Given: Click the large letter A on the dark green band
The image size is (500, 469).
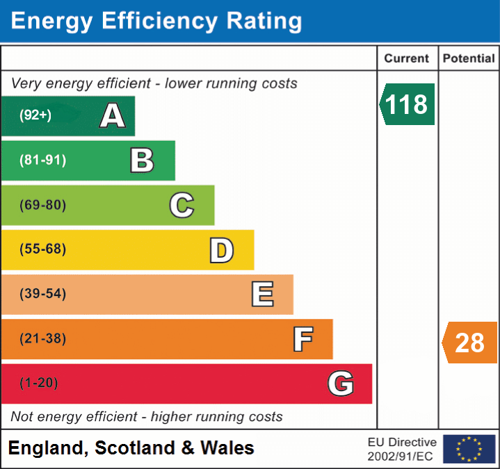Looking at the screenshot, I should click(x=113, y=116).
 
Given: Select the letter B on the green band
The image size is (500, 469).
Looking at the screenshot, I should click(x=142, y=161).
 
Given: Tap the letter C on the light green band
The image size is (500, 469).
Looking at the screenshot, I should click(x=182, y=205).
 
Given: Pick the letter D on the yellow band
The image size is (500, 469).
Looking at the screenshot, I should click(x=221, y=250).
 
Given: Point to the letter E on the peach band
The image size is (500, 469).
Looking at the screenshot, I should click(x=262, y=295).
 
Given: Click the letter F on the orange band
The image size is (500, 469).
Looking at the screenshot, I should click(x=303, y=340).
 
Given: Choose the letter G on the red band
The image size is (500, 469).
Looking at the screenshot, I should click(x=341, y=384).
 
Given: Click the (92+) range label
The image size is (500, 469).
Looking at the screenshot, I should click(x=35, y=115).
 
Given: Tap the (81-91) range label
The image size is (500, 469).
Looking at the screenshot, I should click(x=42, y=161).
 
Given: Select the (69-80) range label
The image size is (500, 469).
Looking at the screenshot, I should click(x=42, y=205).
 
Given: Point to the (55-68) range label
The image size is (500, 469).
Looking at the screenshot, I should click(x=42, y=249).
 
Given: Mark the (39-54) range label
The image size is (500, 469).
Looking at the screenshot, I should click(x=42, y=294).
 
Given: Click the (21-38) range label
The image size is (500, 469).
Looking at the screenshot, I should click(x=42, y=339).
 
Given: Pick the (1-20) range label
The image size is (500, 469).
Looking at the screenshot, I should click(x=39, y=383).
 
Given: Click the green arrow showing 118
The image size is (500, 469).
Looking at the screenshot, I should click(x=408, y=104).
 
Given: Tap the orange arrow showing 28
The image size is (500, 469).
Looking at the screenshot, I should click(x=470, y=343).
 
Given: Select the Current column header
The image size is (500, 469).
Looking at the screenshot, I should click(x=407, y=58).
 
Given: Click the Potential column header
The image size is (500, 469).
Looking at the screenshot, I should click(x=469, y=58).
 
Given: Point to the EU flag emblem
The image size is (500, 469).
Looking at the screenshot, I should click(x=469, y=449).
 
